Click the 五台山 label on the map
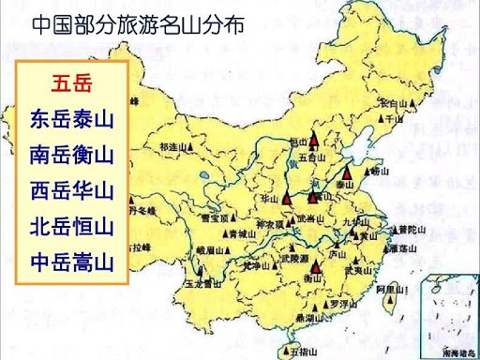coord(314,158)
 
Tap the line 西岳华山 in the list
coord(71,190)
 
